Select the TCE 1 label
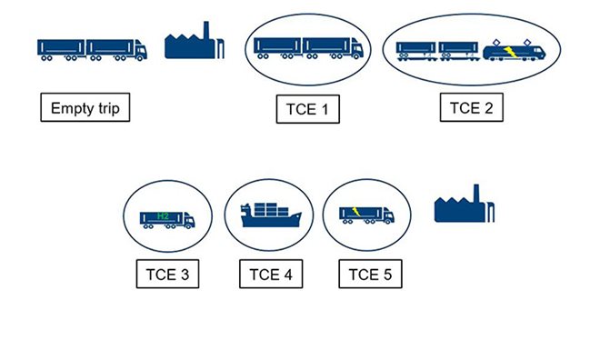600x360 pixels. point(306,111)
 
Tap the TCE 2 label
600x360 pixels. point(472,108)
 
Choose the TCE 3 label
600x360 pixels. point(166,274)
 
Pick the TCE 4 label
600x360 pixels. point(270,274)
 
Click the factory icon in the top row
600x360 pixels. point(192,43)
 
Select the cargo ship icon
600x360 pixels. point(270,217)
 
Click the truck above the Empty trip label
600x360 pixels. point(91,49)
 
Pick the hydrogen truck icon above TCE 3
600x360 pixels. point(166,219)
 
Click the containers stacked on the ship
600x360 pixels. point(266,209)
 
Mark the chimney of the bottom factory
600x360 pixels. point(476,195)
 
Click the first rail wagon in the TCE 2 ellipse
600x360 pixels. point(416,50)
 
